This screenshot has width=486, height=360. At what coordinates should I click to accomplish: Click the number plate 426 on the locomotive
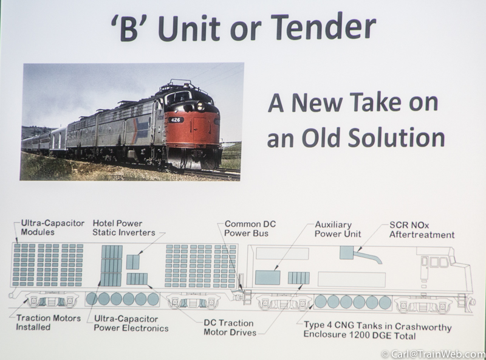click(176, 120)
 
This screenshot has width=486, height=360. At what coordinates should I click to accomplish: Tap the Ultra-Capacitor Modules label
click(52, 227)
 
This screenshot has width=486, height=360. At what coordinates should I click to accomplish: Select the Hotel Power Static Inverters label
click(124, 228)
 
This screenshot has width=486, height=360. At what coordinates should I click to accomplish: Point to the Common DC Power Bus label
click(250, 229)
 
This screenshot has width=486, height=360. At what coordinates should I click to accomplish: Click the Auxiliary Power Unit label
click(338, 229)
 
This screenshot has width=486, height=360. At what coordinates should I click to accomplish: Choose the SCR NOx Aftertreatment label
click(422, 230)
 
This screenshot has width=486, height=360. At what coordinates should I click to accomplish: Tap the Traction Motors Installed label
click(49, 322)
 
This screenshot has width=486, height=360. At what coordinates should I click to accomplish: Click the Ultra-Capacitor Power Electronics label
click(131, 324)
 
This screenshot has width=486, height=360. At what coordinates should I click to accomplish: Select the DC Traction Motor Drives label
click(230, 328)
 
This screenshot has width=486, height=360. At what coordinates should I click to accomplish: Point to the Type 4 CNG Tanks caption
click(377, 330)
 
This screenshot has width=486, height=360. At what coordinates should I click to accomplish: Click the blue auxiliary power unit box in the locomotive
click(267, 277)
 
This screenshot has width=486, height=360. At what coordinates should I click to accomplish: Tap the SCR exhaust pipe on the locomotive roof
click(368, 257)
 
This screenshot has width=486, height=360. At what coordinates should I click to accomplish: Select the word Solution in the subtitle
click(396, 138)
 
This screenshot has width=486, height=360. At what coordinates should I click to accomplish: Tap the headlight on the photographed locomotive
click(200, 106)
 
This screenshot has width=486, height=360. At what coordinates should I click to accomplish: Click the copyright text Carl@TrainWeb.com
click(433, 354)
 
